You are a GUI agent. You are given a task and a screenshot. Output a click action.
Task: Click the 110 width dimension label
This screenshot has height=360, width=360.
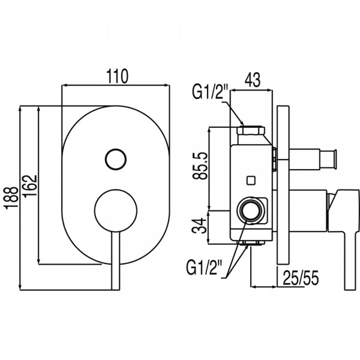[x=117, y=76]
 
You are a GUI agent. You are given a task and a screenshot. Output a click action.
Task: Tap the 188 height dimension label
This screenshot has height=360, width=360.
[x=11, y=197]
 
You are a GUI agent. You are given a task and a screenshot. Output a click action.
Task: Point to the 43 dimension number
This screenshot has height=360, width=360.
[x=253, y=80]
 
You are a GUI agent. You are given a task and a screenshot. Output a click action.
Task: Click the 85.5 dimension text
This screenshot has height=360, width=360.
[x=200, y=166]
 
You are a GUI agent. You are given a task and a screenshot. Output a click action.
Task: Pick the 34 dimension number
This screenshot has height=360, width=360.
[x=199, y=226]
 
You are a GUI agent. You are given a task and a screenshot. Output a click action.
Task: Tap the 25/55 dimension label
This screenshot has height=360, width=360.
[x=301, y=278]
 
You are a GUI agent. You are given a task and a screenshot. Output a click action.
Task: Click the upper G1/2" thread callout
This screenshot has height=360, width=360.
[x=210, y=91]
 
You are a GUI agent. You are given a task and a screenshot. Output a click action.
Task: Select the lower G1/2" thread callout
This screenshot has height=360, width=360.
[x=205, y=267]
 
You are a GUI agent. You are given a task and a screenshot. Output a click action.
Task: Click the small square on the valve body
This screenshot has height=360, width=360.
[x=251, y=180]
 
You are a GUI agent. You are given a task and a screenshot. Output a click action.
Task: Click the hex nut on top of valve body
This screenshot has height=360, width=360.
[x=251, y=130]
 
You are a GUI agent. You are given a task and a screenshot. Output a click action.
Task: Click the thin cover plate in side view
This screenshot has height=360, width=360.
[x=283, y=185]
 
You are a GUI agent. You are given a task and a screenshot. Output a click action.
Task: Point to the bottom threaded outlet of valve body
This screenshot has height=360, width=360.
[x=251, y=243]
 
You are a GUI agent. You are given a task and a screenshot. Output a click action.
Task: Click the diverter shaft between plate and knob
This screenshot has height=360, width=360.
[x=304, y=160]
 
